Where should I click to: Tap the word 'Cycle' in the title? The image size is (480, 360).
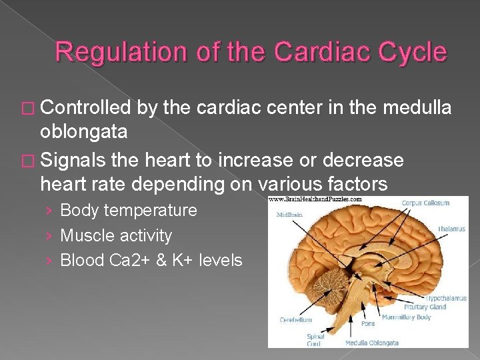413,51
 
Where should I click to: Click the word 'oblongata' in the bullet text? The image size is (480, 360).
83,131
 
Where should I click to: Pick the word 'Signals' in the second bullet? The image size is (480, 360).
75,160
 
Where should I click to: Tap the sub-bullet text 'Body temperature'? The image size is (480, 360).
129,211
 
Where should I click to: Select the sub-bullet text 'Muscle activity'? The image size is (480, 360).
116,235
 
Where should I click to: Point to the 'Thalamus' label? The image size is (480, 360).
452,229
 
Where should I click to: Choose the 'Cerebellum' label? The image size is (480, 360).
295,320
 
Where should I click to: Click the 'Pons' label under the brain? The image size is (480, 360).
367,323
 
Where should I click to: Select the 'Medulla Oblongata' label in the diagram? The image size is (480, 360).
371,343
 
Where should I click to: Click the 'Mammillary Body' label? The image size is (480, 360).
406,317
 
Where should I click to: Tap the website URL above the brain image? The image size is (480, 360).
315,199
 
